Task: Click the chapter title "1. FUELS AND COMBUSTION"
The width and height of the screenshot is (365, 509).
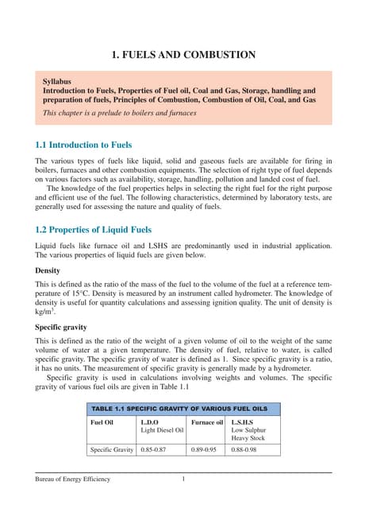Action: (x=182, y=55)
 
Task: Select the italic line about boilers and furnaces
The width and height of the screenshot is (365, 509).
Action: (x=120, y=113)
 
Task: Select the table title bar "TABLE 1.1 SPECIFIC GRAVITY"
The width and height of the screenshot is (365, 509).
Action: (x=183, y=407)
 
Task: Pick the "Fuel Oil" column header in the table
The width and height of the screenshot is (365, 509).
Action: (x=103, y=421)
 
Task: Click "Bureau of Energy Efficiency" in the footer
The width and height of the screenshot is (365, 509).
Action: (x=67, y=479)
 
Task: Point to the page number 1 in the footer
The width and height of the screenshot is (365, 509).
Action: (x=183, y=479)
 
